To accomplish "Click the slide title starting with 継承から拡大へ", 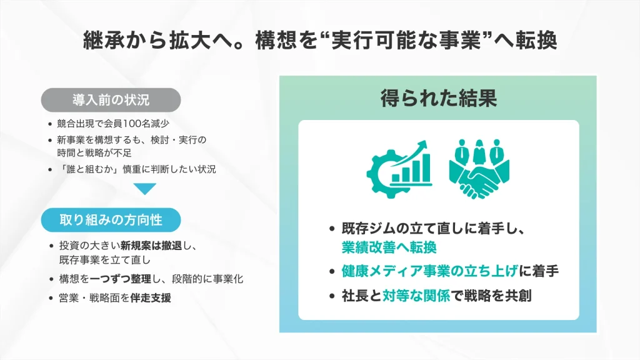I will coord(320,41).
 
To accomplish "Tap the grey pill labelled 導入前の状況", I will coord(111,99).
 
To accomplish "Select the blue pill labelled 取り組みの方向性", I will coord(111,219).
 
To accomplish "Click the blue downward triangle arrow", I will coord(145,188).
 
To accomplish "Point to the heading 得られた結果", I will coord(439,98).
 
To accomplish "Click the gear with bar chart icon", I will coord(398,166).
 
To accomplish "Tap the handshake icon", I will coord(479,178).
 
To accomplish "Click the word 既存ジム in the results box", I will coord(365,228).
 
